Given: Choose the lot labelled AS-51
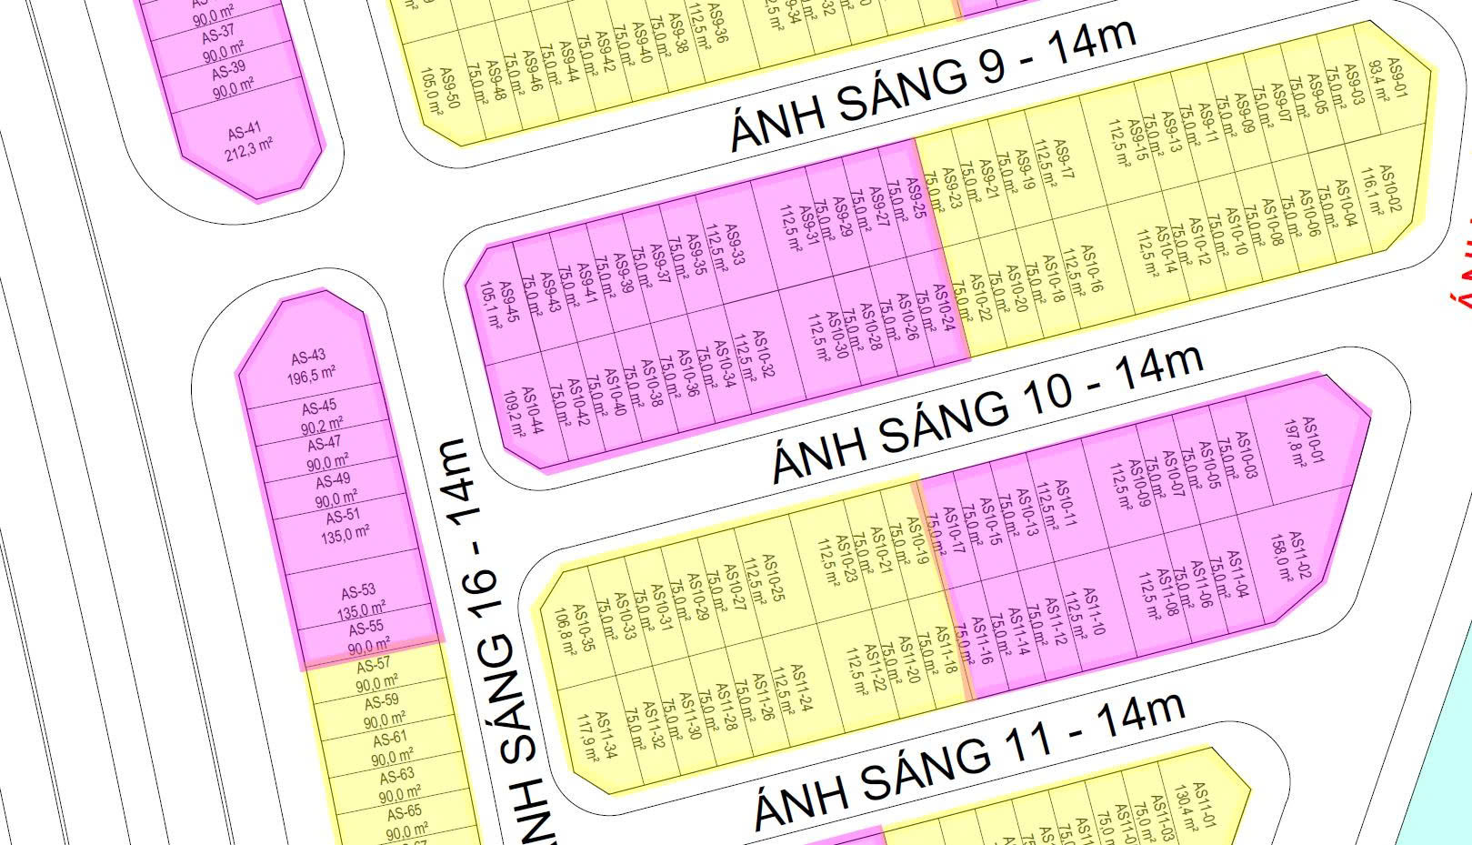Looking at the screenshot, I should tap(344, 526).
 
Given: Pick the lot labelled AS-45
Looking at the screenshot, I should tap(320, 415).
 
